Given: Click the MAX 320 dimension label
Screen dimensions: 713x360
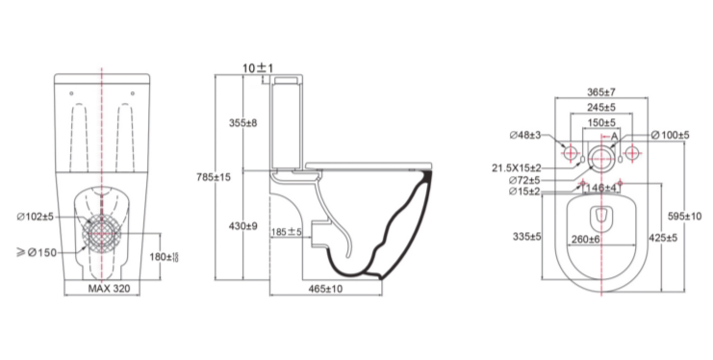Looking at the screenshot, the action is (x=109, y=288).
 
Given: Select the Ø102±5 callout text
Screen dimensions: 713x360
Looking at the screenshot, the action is (x=36, y=218).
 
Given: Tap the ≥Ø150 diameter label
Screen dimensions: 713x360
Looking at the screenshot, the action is (x=37, y=252).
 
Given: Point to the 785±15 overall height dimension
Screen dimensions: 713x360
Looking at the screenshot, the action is (x=214, y=177).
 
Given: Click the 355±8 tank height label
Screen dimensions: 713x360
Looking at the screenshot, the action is (x=242, y=123).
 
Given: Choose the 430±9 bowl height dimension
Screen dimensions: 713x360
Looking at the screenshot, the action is (x=242, y=226).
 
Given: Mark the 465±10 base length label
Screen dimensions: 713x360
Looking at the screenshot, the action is (x=325, y=289).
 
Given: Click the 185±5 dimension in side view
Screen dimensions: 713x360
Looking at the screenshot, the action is (x=287, y=232).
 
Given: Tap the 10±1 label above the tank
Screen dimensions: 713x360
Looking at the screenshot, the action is (x=258, y=68).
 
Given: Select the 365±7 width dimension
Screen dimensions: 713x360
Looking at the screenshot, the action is (x=600, y=92).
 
